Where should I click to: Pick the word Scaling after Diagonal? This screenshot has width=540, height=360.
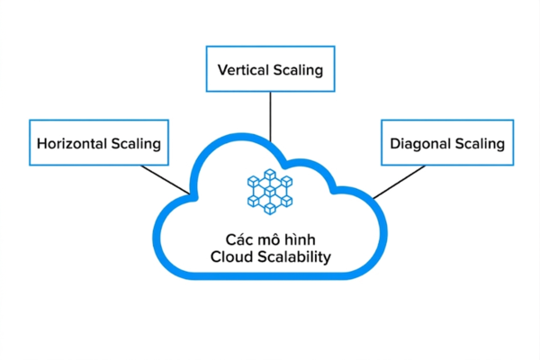479,144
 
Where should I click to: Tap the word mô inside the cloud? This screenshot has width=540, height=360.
268,239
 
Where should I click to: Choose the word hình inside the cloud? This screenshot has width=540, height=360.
298,239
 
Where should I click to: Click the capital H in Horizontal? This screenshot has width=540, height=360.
41,144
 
